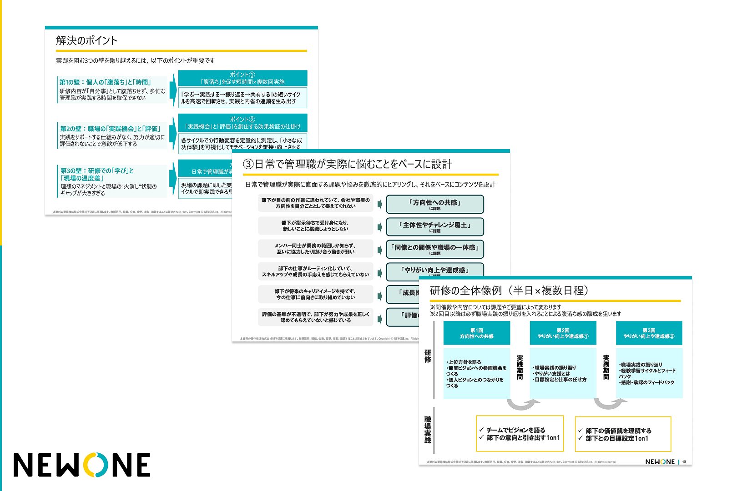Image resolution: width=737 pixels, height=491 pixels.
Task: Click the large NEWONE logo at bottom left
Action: pos(82,465)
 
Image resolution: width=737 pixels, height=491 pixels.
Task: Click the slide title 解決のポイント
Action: pos(86,40)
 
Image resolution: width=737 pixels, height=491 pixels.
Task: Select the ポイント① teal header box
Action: pos(242,78)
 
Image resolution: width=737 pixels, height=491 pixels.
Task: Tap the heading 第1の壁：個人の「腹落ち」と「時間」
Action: pos(105,82)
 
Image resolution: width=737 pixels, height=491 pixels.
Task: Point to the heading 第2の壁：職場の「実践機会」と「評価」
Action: pos(110,129)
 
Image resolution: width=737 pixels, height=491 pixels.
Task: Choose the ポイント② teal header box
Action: pos(242,123)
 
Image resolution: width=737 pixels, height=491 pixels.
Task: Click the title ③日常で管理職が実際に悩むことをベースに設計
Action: pos(348,164)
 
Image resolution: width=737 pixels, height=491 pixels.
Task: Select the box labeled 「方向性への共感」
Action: pos(434,204)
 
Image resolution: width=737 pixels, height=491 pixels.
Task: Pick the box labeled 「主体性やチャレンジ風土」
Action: pos(434,226)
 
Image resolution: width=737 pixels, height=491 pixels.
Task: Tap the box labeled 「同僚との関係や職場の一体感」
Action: pos(434,249)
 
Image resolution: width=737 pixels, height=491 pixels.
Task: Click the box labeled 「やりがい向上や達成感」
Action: pos(434,271)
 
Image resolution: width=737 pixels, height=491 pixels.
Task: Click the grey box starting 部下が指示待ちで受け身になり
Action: pos(315,226)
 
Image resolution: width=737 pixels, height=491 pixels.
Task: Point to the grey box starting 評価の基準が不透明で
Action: pos(315,317)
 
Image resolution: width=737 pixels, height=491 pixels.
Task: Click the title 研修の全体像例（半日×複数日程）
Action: pos(510,291)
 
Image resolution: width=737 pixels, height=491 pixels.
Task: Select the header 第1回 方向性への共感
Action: pos(476,333)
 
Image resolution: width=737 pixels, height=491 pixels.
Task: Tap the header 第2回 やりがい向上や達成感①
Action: pos(563,333)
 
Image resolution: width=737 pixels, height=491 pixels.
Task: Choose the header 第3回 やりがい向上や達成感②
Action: pos(649,333)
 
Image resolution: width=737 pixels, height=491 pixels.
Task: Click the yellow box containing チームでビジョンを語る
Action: pos(520,433)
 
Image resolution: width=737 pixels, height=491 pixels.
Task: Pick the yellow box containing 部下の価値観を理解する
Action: pos(623,434)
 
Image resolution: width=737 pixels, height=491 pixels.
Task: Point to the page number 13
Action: pos(684,462)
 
